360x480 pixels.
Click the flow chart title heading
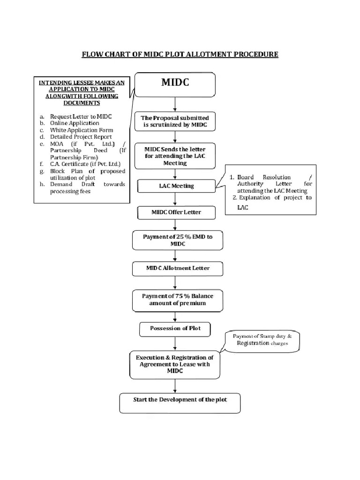coord(180,54)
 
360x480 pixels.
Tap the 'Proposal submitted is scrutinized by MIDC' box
coord(175,121)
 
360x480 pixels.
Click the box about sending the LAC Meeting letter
coord(175,156)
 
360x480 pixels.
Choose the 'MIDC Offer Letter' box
coord(176,213)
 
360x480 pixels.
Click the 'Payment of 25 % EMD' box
coord(177,240)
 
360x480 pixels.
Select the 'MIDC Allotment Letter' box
coord(177,269)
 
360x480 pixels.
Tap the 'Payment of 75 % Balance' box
coord(177,300)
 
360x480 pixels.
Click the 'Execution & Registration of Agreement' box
coord(174,364)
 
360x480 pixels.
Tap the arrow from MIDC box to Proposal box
coord(175,104)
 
